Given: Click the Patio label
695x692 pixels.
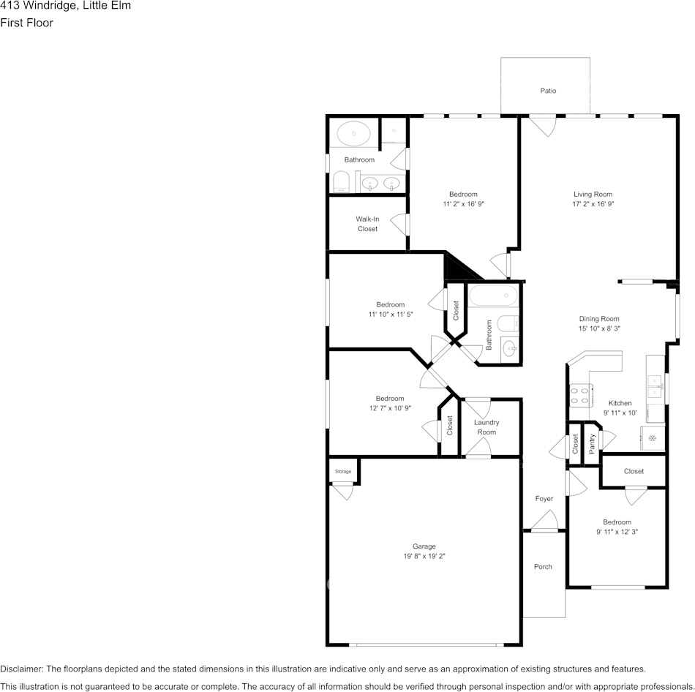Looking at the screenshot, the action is click(x=548, y=91).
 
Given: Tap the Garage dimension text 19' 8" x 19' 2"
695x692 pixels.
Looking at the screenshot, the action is click(x=424, y=556).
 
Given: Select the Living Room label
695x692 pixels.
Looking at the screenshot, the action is click(x=593, y=194).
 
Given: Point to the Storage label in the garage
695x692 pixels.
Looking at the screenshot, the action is click(x=343, y=471).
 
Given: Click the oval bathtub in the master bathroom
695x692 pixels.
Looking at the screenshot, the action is click(x=353, y=133).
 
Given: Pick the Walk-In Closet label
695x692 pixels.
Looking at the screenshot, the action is click(x=367, y=224).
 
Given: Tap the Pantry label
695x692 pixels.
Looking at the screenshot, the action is click(x=592, y=444).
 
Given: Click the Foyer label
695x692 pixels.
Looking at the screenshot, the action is click(x=544, y=499).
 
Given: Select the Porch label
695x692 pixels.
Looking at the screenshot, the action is click(x=543, y=566).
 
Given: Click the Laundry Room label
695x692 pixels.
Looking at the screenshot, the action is click(x=487, y=427).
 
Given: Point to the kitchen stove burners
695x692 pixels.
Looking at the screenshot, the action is click(x=579, y=395).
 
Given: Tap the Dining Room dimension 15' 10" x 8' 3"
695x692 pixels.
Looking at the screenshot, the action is click(x=599, y=328).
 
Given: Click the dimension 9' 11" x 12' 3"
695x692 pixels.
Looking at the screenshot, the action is click(x=617, y=532).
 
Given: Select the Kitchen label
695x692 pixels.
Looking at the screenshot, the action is click(x=620, y=403).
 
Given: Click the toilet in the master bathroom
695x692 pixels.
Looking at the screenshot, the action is click(x=342, y=181).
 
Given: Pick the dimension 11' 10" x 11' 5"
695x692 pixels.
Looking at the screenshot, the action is click(x=391, y=315).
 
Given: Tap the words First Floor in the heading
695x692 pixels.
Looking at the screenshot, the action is click(x=26, y=23).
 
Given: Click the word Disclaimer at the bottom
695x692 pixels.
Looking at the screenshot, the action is click(x=21, y=669).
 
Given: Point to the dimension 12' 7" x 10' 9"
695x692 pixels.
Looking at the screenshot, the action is click(x=390, y=408).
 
